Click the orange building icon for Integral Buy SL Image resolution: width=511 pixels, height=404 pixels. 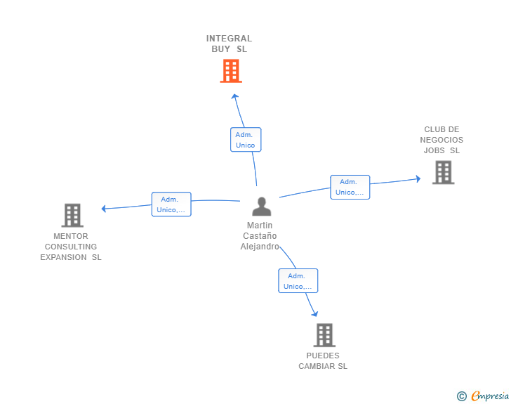(x=231, y=71)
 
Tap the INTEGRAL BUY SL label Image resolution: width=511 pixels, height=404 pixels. (x=229, y=44)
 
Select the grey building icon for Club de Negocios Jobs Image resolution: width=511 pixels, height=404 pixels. (x=443, y=172)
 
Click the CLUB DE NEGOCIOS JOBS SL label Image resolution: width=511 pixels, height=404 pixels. (x=443, y=140)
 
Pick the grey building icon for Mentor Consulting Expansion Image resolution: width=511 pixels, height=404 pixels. (x=72, y=215)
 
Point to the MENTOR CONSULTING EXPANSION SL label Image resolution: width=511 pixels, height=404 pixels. (x=71, y=247)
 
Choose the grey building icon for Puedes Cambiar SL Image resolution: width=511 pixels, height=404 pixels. (x=324, y=335)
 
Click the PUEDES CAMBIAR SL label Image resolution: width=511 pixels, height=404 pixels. (x=323, y=361)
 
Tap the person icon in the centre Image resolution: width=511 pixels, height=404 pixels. (x=261, y=207)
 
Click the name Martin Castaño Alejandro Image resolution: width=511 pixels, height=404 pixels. (x=260, y=236)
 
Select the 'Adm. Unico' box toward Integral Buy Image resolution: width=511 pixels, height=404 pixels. (x=246, y=140)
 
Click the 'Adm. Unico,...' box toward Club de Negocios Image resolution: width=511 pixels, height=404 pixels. (x=350, y=187)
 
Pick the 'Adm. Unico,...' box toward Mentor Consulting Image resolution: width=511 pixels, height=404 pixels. (x=171, y=204)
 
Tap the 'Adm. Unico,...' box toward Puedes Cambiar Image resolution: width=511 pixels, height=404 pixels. (x=298, y=281)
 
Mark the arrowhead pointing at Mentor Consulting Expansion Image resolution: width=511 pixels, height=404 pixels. (x=104, y=208)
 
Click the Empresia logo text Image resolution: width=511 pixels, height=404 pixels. (x=489, y=396)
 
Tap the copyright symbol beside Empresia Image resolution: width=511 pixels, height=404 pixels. (x=461, y=396)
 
